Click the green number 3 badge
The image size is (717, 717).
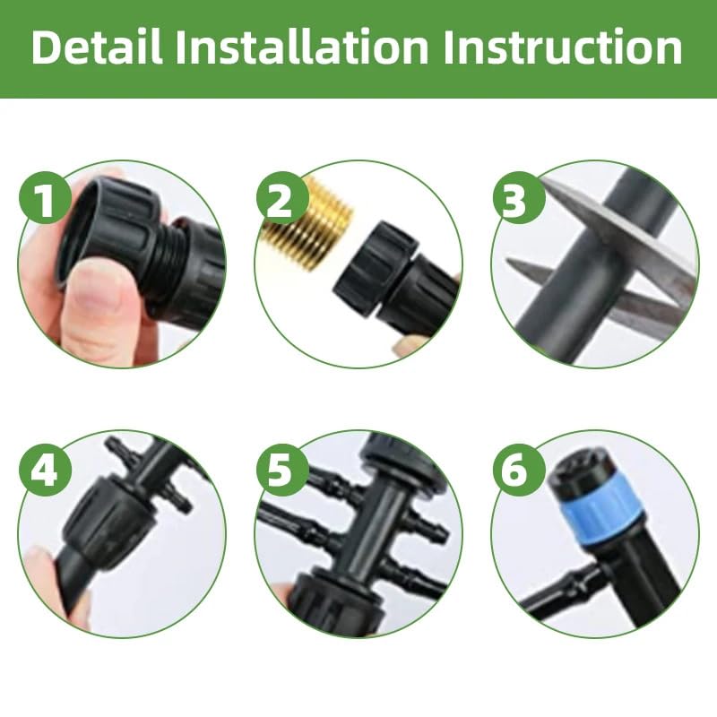click(514, 199)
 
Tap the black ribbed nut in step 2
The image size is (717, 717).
click(376, 269)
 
